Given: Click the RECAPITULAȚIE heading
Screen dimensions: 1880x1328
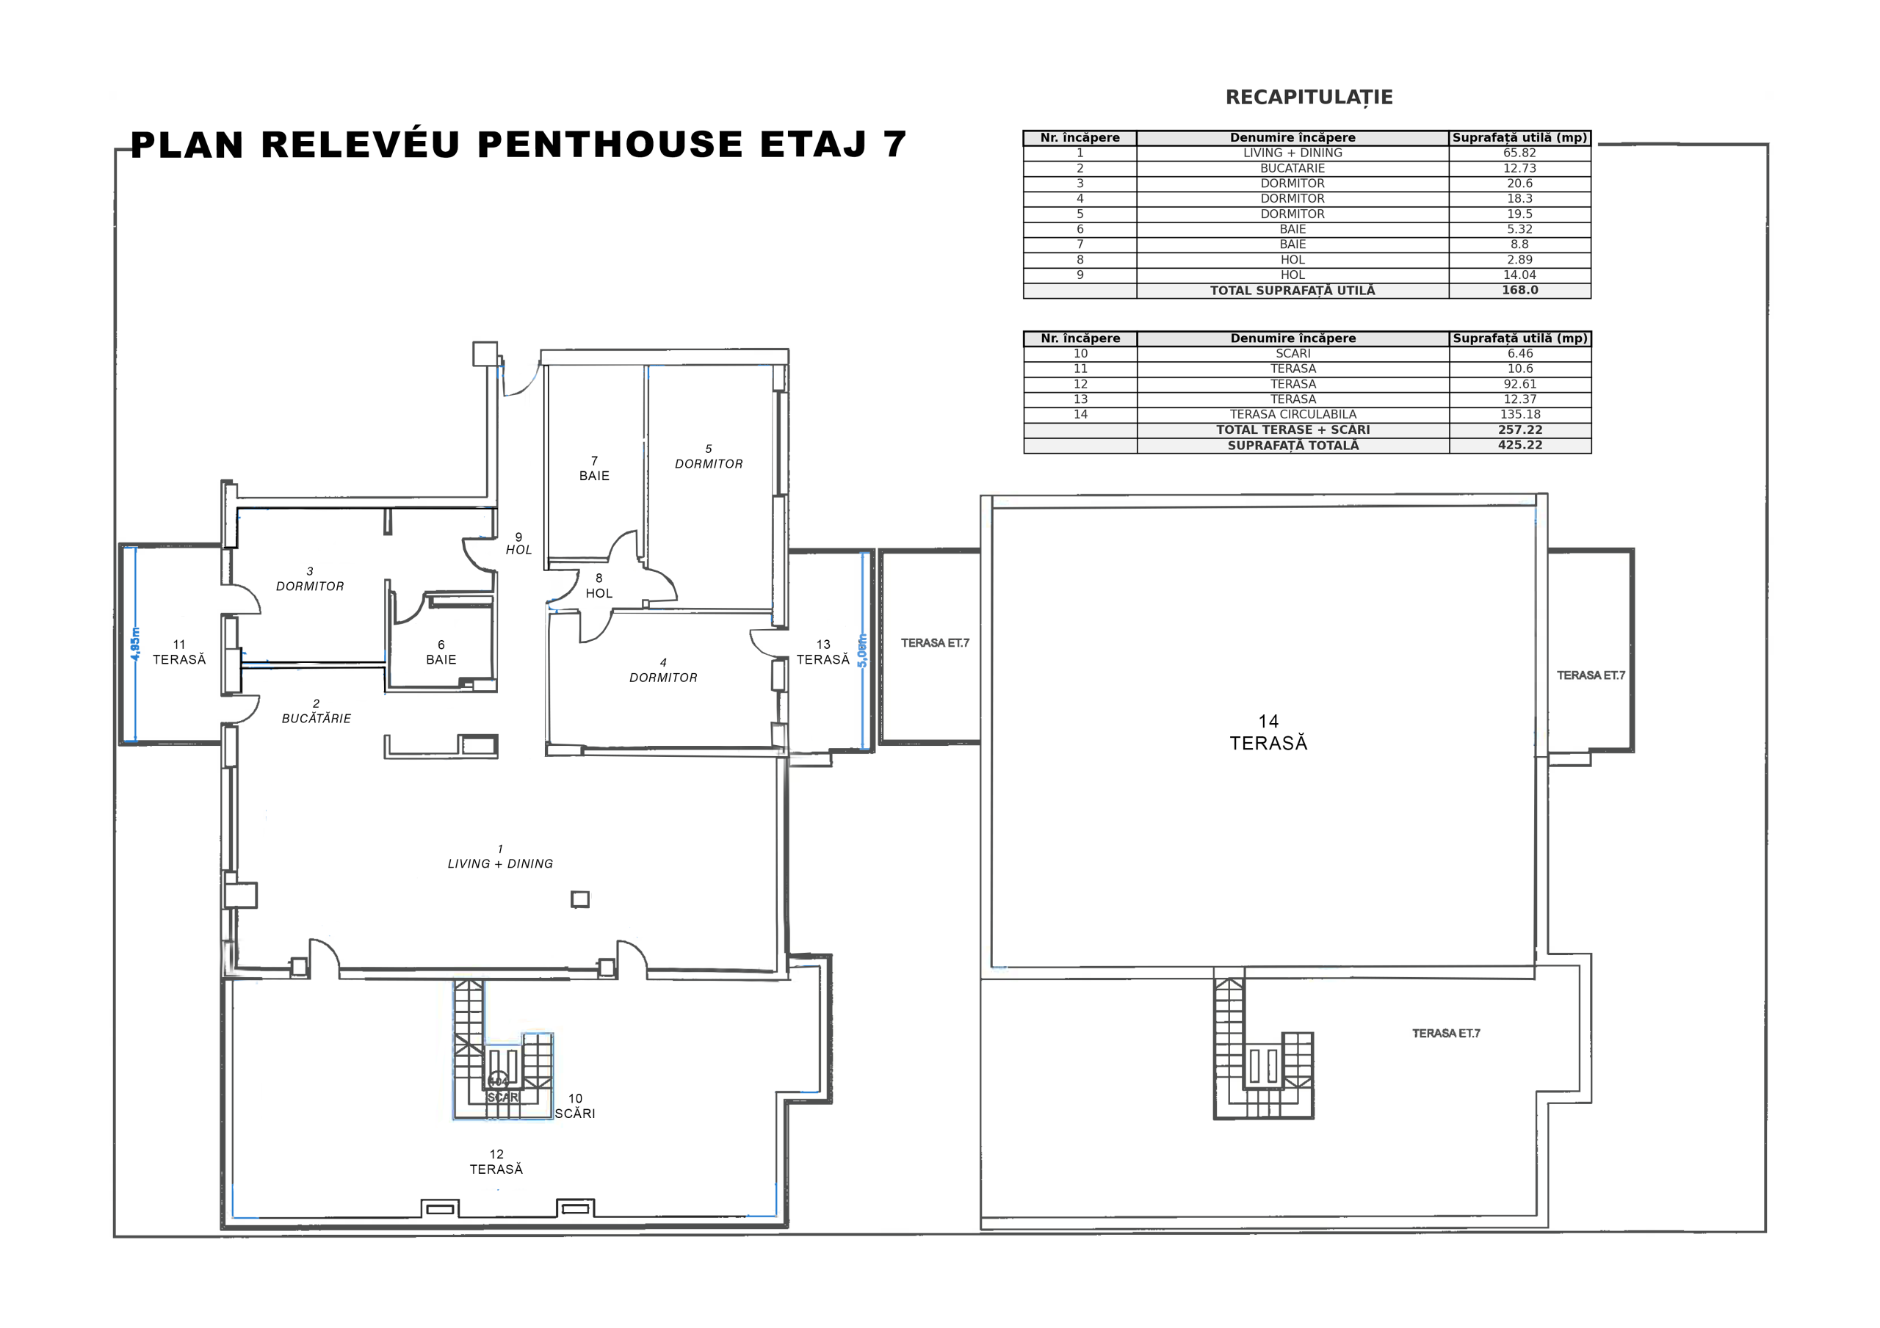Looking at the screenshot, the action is tap(1309, 98).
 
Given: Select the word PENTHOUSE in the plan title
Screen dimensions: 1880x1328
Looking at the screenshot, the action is tap(610, 144).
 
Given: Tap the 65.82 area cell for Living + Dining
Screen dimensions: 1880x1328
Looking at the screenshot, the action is tap(1519, 153).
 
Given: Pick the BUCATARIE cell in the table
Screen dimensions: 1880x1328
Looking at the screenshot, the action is tap(1292, 168).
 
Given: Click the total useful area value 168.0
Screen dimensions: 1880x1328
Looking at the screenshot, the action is tap(1519, 290).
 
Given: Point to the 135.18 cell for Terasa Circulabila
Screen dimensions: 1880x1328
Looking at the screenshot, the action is tap(1519, 414).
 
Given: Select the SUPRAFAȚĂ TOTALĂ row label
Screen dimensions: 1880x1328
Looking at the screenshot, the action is tap(1293, 446).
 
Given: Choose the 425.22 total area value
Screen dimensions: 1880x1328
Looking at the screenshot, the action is tap(1519, 445).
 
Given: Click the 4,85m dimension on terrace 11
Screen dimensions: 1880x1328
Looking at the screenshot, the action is tap(135, 645).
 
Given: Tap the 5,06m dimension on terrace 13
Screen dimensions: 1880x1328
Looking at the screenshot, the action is tap(861, 651).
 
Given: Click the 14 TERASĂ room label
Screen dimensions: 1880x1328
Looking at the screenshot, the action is tap(1268, 732).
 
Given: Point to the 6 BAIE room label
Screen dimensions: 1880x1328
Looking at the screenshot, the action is tap(441, 652).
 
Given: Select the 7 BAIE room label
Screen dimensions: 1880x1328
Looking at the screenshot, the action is tap(594, 468).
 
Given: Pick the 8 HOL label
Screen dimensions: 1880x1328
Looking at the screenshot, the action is tap(599, 585).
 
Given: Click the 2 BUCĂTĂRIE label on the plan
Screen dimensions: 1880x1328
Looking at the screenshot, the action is tap(316, 711).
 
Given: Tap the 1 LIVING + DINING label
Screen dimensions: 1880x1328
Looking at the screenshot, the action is tap(500, 857).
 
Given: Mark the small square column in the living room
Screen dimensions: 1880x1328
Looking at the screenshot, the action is tap(579, 900).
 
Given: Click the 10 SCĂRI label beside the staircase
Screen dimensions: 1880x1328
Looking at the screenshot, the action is tap(575, 1106).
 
